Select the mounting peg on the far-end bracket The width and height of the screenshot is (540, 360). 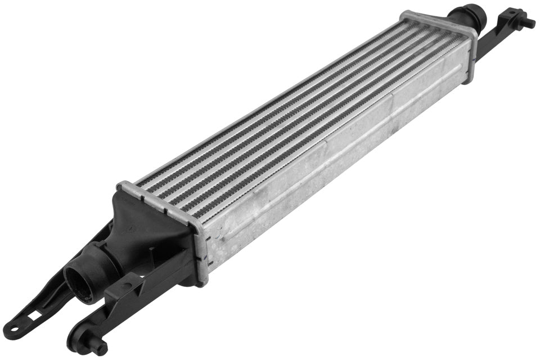tap(529, 23)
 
